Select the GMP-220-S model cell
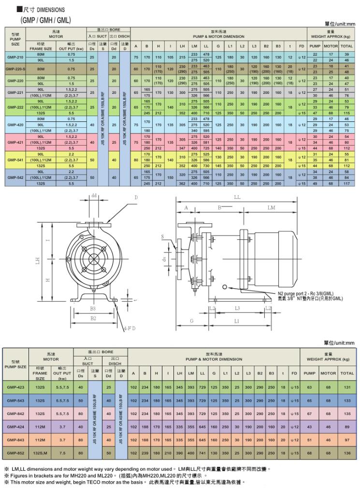14,69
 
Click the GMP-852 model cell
16,453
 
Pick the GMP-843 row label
16,440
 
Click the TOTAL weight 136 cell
346,453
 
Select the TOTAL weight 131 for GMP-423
346,387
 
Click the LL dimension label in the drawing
237,197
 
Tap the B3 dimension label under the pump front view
92,308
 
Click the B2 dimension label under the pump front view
92,318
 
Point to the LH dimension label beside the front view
38,261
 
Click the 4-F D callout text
130,328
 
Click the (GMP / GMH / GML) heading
45,20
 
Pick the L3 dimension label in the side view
237,308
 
